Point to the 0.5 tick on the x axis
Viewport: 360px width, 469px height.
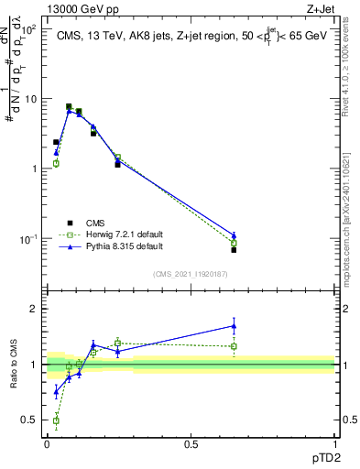[191, 444]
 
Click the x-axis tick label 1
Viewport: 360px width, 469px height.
[334, 444]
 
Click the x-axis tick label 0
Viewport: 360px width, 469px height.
[47, 444]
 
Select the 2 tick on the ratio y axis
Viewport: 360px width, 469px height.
[34, 309]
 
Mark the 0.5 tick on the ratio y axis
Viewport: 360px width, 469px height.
[29, 420]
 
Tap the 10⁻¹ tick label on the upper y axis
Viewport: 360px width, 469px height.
[29, 239]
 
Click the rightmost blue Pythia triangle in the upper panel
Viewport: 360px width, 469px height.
[235, 235]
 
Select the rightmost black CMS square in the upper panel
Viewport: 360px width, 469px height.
[235, 249]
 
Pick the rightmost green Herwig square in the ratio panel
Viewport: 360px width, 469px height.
[235, 346]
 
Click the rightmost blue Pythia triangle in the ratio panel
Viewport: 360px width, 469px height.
[235, 325]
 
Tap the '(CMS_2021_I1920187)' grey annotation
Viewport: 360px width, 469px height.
[189, 274]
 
